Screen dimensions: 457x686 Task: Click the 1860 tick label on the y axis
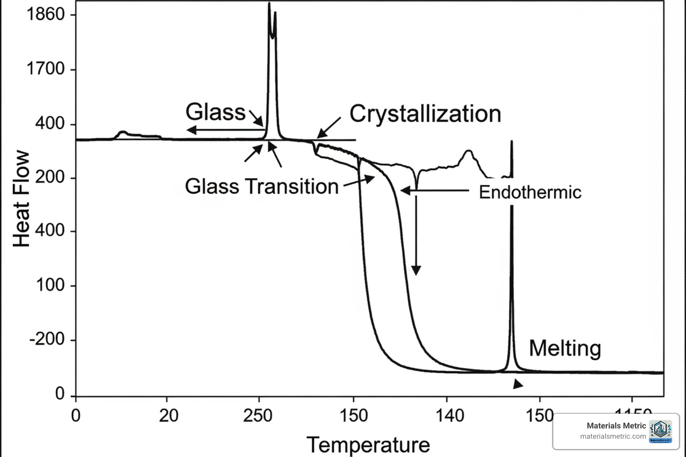(46, 15)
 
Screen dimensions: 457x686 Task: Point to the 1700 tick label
(46, 69)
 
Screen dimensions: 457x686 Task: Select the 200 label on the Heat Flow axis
(50, 178)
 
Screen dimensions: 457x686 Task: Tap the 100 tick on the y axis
(50, 285)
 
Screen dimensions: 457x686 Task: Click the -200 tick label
(47, 340)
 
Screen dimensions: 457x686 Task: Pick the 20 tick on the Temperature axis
(168, 416)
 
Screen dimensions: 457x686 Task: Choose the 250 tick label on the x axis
(258, 416)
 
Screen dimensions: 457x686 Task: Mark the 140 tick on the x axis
(450, 416)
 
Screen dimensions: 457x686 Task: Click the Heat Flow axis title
(21, 199)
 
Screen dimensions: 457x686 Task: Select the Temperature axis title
(368, 445)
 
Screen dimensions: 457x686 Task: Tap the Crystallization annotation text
(425, 114)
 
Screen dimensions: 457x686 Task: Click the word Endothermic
(530, 192)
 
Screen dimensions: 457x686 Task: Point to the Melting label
(565, 348)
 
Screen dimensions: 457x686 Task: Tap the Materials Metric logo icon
(661, 432)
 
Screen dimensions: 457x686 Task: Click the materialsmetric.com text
(613, 436)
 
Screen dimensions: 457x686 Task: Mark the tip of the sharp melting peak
(511, 142)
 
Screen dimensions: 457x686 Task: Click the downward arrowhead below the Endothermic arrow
(416, 270)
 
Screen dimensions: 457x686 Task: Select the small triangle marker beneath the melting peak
(517, 384)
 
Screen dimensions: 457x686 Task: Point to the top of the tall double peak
(269, 4)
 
